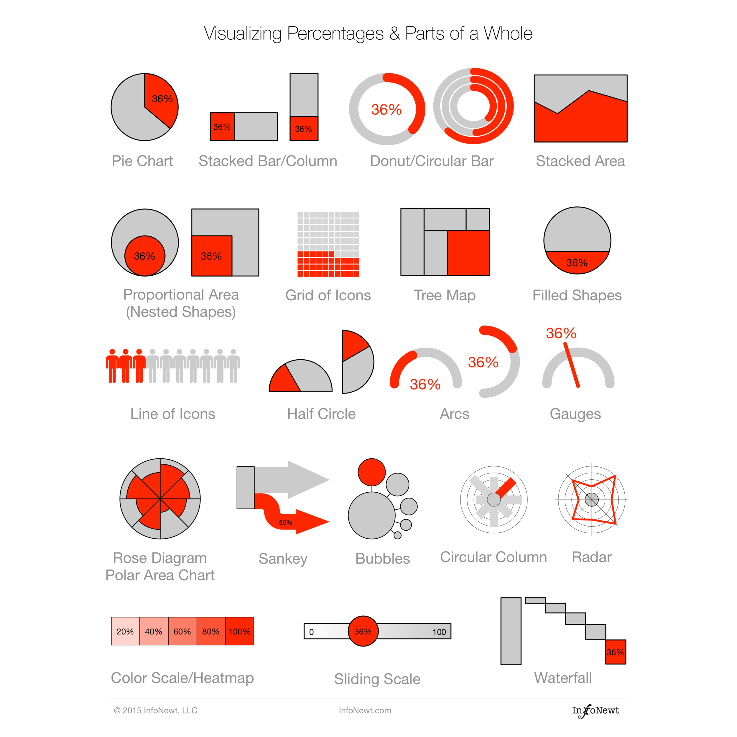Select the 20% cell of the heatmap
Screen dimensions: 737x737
click(125, 631)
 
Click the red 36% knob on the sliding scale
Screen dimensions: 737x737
click(363, 631)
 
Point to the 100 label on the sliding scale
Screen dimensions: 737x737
click(439, 632)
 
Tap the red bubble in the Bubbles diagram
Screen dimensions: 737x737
click(371, 472)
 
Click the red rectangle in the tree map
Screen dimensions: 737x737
click(468, 253)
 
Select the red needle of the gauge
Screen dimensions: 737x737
click(572, 365)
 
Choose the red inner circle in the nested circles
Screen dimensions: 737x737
click(145, 256)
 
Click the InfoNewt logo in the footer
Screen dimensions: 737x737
click(595, 710)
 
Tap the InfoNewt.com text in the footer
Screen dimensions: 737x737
click(365, 710)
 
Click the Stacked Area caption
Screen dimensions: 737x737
click(580, 161)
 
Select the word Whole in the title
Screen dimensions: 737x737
click(508, 34)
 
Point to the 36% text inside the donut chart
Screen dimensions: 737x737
click(386, 110)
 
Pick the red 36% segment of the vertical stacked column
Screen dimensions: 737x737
click(304, 129)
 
